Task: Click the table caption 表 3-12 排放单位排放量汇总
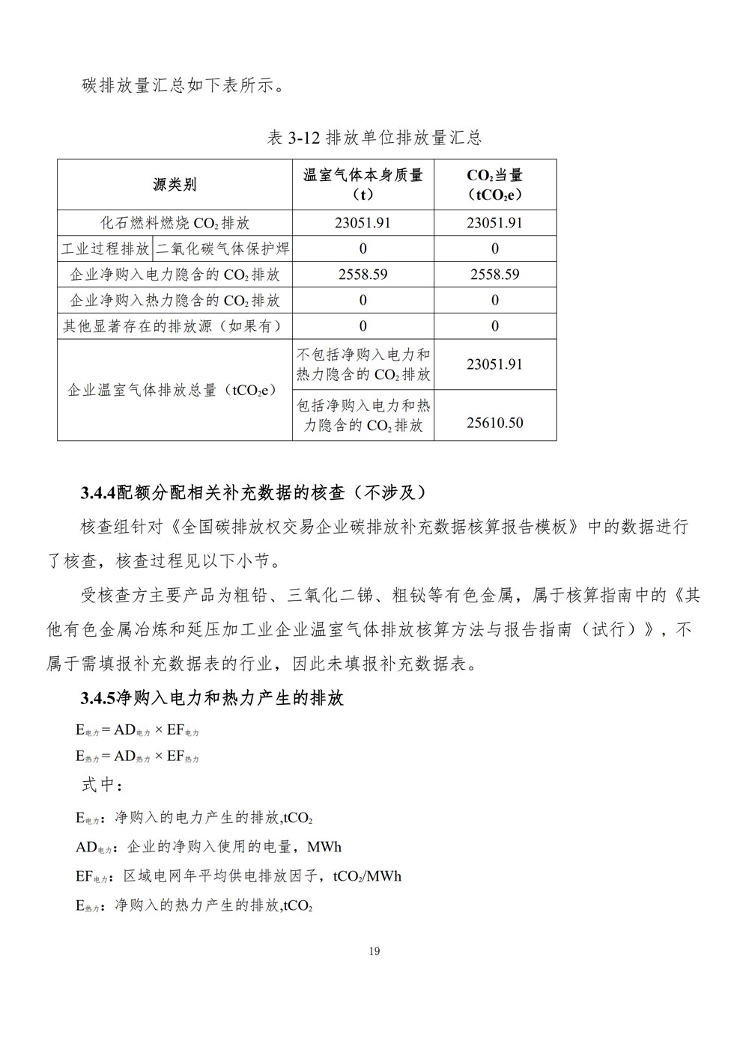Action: (374, 138)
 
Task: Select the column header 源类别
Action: (175, 185)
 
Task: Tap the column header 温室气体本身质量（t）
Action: (363, 185)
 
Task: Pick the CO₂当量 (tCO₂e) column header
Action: (494, 185)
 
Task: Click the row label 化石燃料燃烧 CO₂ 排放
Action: (175, 223)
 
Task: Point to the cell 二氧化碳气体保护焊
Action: (222, 248)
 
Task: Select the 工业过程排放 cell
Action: (106, 248)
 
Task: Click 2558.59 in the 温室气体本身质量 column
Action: (363, 275)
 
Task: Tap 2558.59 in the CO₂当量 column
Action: (494, 275)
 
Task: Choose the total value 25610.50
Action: (494, 423)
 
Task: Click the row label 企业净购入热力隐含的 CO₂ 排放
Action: (175, 301)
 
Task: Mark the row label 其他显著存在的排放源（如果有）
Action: (175, 326)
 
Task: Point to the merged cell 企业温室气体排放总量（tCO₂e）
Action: (172, 390)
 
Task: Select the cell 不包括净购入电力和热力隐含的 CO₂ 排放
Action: (363, 364)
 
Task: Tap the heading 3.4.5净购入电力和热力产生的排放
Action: (212, 699)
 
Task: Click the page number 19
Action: (374, 952)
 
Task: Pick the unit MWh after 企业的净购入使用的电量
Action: (324, 847)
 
